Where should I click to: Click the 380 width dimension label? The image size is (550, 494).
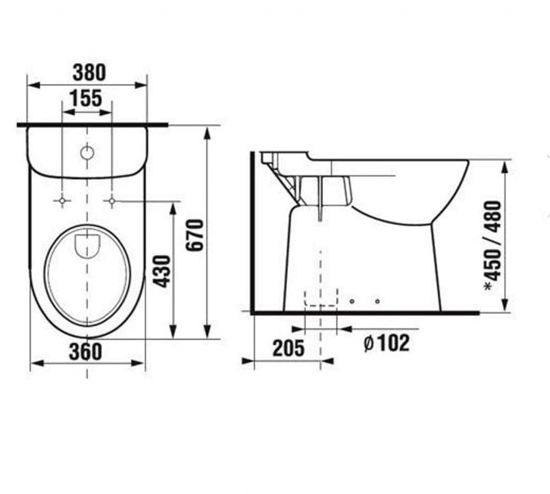point(89,72)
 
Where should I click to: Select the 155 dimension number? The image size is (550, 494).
point(86,98)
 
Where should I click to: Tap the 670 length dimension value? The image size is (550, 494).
point(195,235)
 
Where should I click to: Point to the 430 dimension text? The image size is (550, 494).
point(163,271)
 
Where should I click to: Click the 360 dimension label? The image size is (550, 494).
point(85,351)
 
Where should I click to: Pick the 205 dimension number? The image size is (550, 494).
point(288,348)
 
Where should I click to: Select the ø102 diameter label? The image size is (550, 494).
point(387,343)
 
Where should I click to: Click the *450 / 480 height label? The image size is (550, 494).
point(493,246)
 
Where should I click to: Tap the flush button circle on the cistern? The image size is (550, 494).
point(88,153)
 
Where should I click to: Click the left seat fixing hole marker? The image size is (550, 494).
point(62,201)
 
